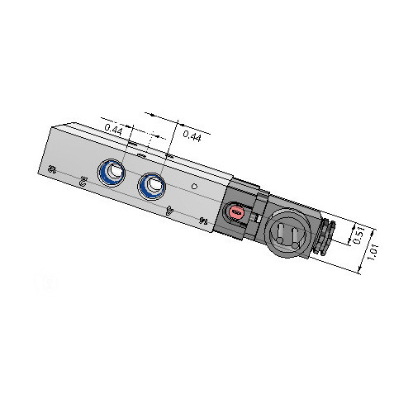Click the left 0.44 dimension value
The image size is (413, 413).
(114, 129)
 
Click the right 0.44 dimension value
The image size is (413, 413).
(192, 137)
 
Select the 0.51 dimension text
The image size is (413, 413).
(358, 235)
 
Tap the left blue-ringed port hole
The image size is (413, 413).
(109, 173)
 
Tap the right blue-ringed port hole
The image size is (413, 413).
(150, 186)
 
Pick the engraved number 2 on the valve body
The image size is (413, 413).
(82, 179)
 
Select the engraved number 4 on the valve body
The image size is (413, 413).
(171, 210)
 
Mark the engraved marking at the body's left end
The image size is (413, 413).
(53, 169)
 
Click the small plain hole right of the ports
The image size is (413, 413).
(194, 188)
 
